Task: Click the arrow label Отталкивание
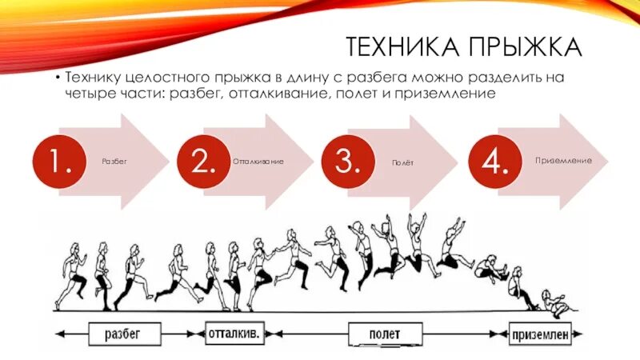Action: (x=258, y=162)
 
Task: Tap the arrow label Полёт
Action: (x=402, y=162)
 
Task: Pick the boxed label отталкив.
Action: (x=234, y=332)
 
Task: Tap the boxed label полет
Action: (x=386, y=332)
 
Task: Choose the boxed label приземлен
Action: (x=540, y=332)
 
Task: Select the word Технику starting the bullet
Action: (x=94, y=78)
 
